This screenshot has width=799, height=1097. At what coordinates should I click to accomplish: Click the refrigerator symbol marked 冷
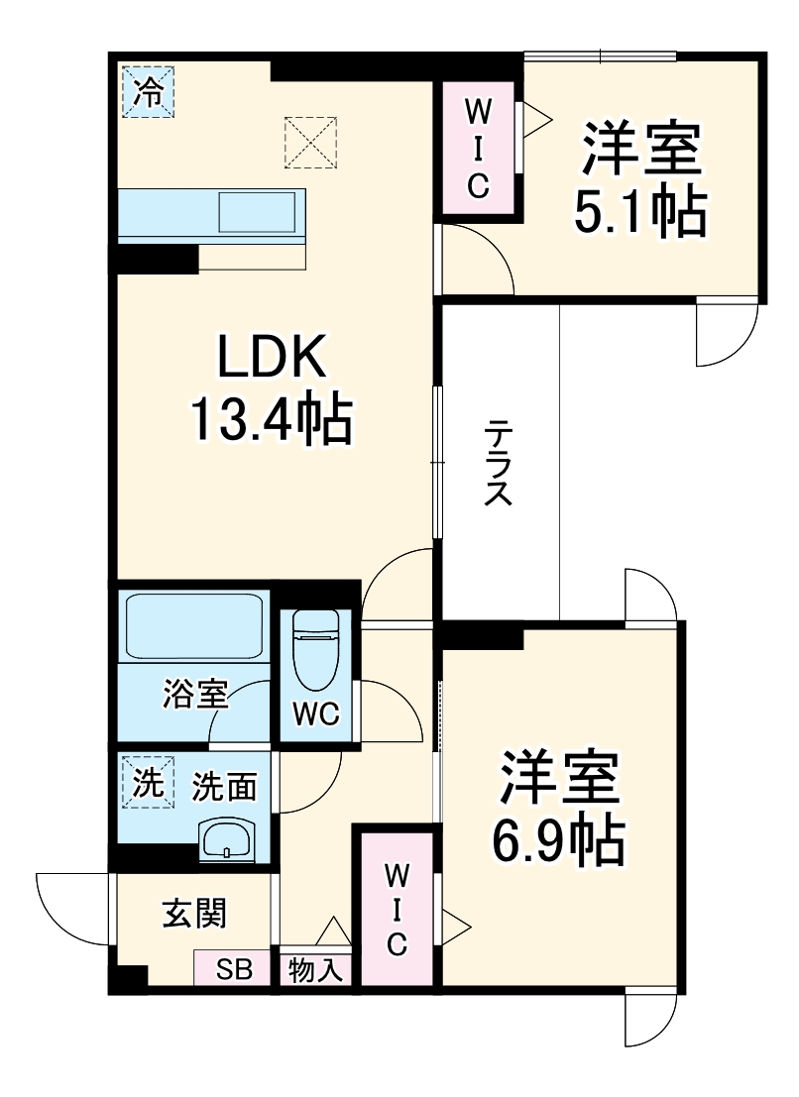tap(148, 92)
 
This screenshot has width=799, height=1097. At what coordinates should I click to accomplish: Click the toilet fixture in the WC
tap(316, 648)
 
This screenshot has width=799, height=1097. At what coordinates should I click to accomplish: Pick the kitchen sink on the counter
tap(257, 212)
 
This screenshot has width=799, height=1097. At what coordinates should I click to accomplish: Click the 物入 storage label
tap(315, 970)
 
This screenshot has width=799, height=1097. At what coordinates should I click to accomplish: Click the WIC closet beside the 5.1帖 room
tap(478, 147)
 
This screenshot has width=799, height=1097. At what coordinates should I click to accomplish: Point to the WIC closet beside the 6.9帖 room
tap(397, 909)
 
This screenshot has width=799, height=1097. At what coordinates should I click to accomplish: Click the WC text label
tap(315, 713)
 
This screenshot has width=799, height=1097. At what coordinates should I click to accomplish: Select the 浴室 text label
tap(195, 695)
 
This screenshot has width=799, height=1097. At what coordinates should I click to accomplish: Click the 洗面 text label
tap(224, 787)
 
